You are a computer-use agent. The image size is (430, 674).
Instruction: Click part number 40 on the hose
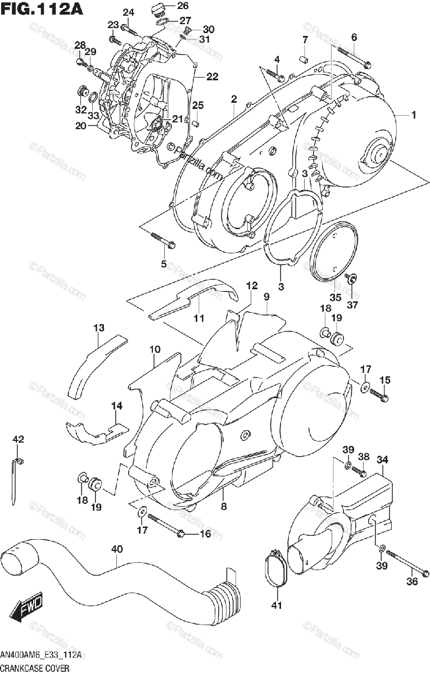point(116,549)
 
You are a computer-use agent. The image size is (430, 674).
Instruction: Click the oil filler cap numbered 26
point(159,9)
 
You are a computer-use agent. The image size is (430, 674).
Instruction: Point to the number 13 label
point(99,328)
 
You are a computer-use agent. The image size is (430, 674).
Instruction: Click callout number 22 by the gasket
point(212,77)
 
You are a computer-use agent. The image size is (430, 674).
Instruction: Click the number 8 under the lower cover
point(223,492)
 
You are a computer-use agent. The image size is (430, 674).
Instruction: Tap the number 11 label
point(198,318)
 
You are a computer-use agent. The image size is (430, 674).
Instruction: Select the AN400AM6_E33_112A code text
point(42,655)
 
